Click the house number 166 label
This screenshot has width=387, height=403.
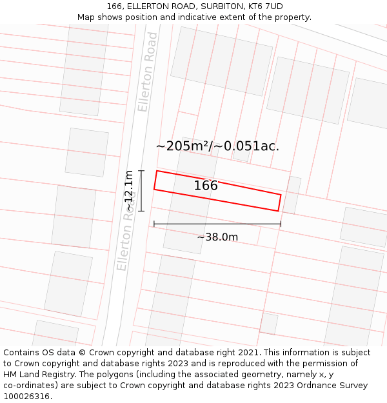[x=206, y=186]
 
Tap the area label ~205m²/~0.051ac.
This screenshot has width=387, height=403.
[x=217, y=146]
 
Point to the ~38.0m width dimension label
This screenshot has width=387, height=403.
[x=217, y=237]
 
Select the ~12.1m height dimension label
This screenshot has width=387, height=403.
[x=129, y=191]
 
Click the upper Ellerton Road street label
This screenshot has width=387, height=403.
[x=148, y=72]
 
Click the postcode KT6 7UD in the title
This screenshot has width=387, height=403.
[x=265, y=6]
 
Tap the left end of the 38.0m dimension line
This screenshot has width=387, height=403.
[x=154, y=224]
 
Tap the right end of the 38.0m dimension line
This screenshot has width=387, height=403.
[x=281, y=224]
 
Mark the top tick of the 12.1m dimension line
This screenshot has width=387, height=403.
[x=141, y=170]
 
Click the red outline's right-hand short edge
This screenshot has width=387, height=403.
[x=279, y=202]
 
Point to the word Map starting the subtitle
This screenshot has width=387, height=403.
[x=86, y=17]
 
